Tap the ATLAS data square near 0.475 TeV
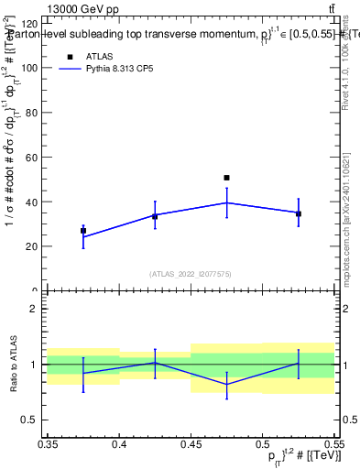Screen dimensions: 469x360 [226, 178]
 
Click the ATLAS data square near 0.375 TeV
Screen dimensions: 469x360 [83, 231]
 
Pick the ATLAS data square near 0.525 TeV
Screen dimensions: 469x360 [299, 213]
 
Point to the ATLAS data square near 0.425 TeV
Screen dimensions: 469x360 [155, 216]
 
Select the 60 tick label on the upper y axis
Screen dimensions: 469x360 [31, 158]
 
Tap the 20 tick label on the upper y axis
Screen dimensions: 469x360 [31, 246]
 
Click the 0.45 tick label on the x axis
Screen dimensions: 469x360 [191, 443]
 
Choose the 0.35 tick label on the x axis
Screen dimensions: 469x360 [48, 443]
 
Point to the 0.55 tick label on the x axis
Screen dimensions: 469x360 [333, 443]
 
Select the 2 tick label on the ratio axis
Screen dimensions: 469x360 [35, 309]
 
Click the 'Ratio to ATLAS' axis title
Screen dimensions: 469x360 [11, 364]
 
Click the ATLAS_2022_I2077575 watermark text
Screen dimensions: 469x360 [191, 273]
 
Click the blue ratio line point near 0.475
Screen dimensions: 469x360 [226, 385]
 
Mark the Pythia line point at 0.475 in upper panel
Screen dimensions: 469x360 [226, 202]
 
